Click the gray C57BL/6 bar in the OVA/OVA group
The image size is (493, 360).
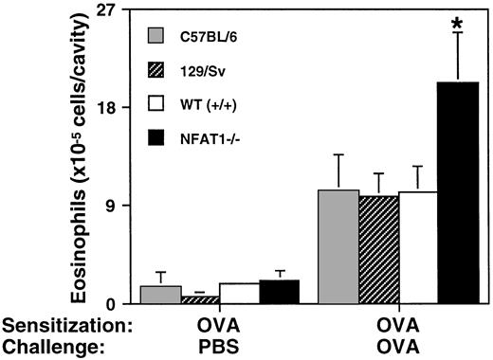[338, 246]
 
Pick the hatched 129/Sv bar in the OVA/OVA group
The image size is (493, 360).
[377, 249]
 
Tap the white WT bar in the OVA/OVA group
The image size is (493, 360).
[417, 247]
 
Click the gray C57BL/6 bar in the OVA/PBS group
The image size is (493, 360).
[160, 295]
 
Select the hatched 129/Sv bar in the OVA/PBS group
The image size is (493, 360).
[200, 299]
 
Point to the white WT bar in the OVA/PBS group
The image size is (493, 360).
[240, 294]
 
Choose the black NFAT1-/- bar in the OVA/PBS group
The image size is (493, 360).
[279, 292]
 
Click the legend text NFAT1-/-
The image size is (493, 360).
[218, 140]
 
